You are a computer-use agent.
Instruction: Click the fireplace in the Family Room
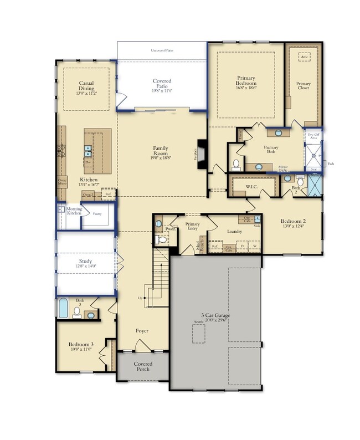pos(203,151)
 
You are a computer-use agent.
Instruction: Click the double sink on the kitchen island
pos(88,149)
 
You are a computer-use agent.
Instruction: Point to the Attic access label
pos(304,57)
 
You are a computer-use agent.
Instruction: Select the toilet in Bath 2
pos(300,181)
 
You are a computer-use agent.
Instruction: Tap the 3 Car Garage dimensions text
pos(215,320)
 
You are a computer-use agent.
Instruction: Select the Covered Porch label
pos(143,367)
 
